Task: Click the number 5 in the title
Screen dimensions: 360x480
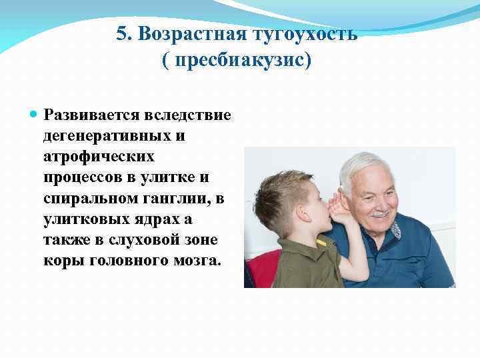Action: [x=121, y=35]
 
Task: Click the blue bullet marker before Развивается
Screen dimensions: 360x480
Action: [x=35, y=114]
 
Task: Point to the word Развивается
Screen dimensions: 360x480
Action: [x=91, y=115]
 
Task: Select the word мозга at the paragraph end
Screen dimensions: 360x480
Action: [x=196, y=260]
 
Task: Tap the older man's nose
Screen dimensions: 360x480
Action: [x=380, y=201]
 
